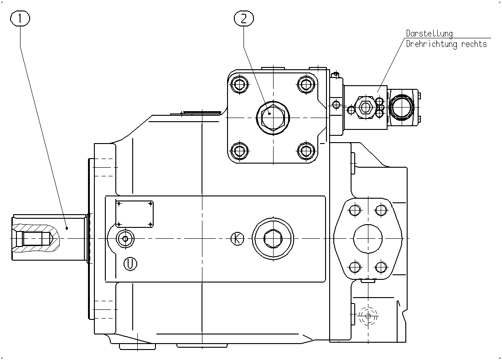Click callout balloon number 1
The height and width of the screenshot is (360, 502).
click(x=20, y=19)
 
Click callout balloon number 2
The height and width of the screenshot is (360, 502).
click(x=244, y=19)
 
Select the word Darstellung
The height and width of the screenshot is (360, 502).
click(x=430, y=33)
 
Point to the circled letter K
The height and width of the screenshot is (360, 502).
click(x=238, y=238)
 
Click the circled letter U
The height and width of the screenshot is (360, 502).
click(x=130, y=264)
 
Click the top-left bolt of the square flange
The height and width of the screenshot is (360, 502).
click(x=239, y=85)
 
